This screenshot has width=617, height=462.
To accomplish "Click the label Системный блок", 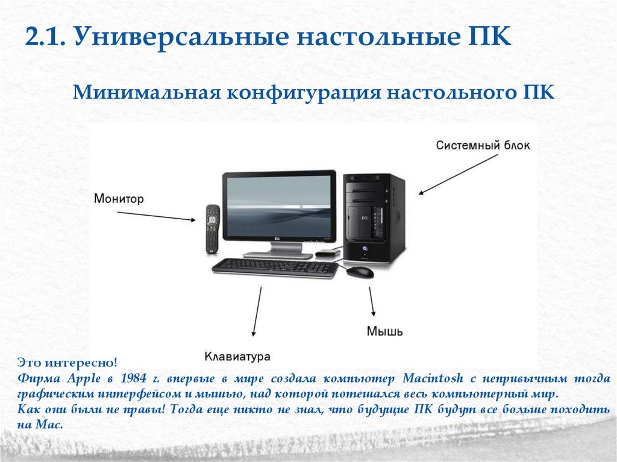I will point(483,146).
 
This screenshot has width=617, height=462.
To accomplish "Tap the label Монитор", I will point(119,199).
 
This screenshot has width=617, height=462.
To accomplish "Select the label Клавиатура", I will point(236,356).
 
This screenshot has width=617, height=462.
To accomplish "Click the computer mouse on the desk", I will point(360,271).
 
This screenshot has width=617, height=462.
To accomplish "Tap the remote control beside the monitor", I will point(211,229).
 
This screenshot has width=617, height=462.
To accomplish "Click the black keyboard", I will point(275,266).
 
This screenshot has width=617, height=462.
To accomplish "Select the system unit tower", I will point(374,218).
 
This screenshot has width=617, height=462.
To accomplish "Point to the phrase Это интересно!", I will point(66,364).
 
